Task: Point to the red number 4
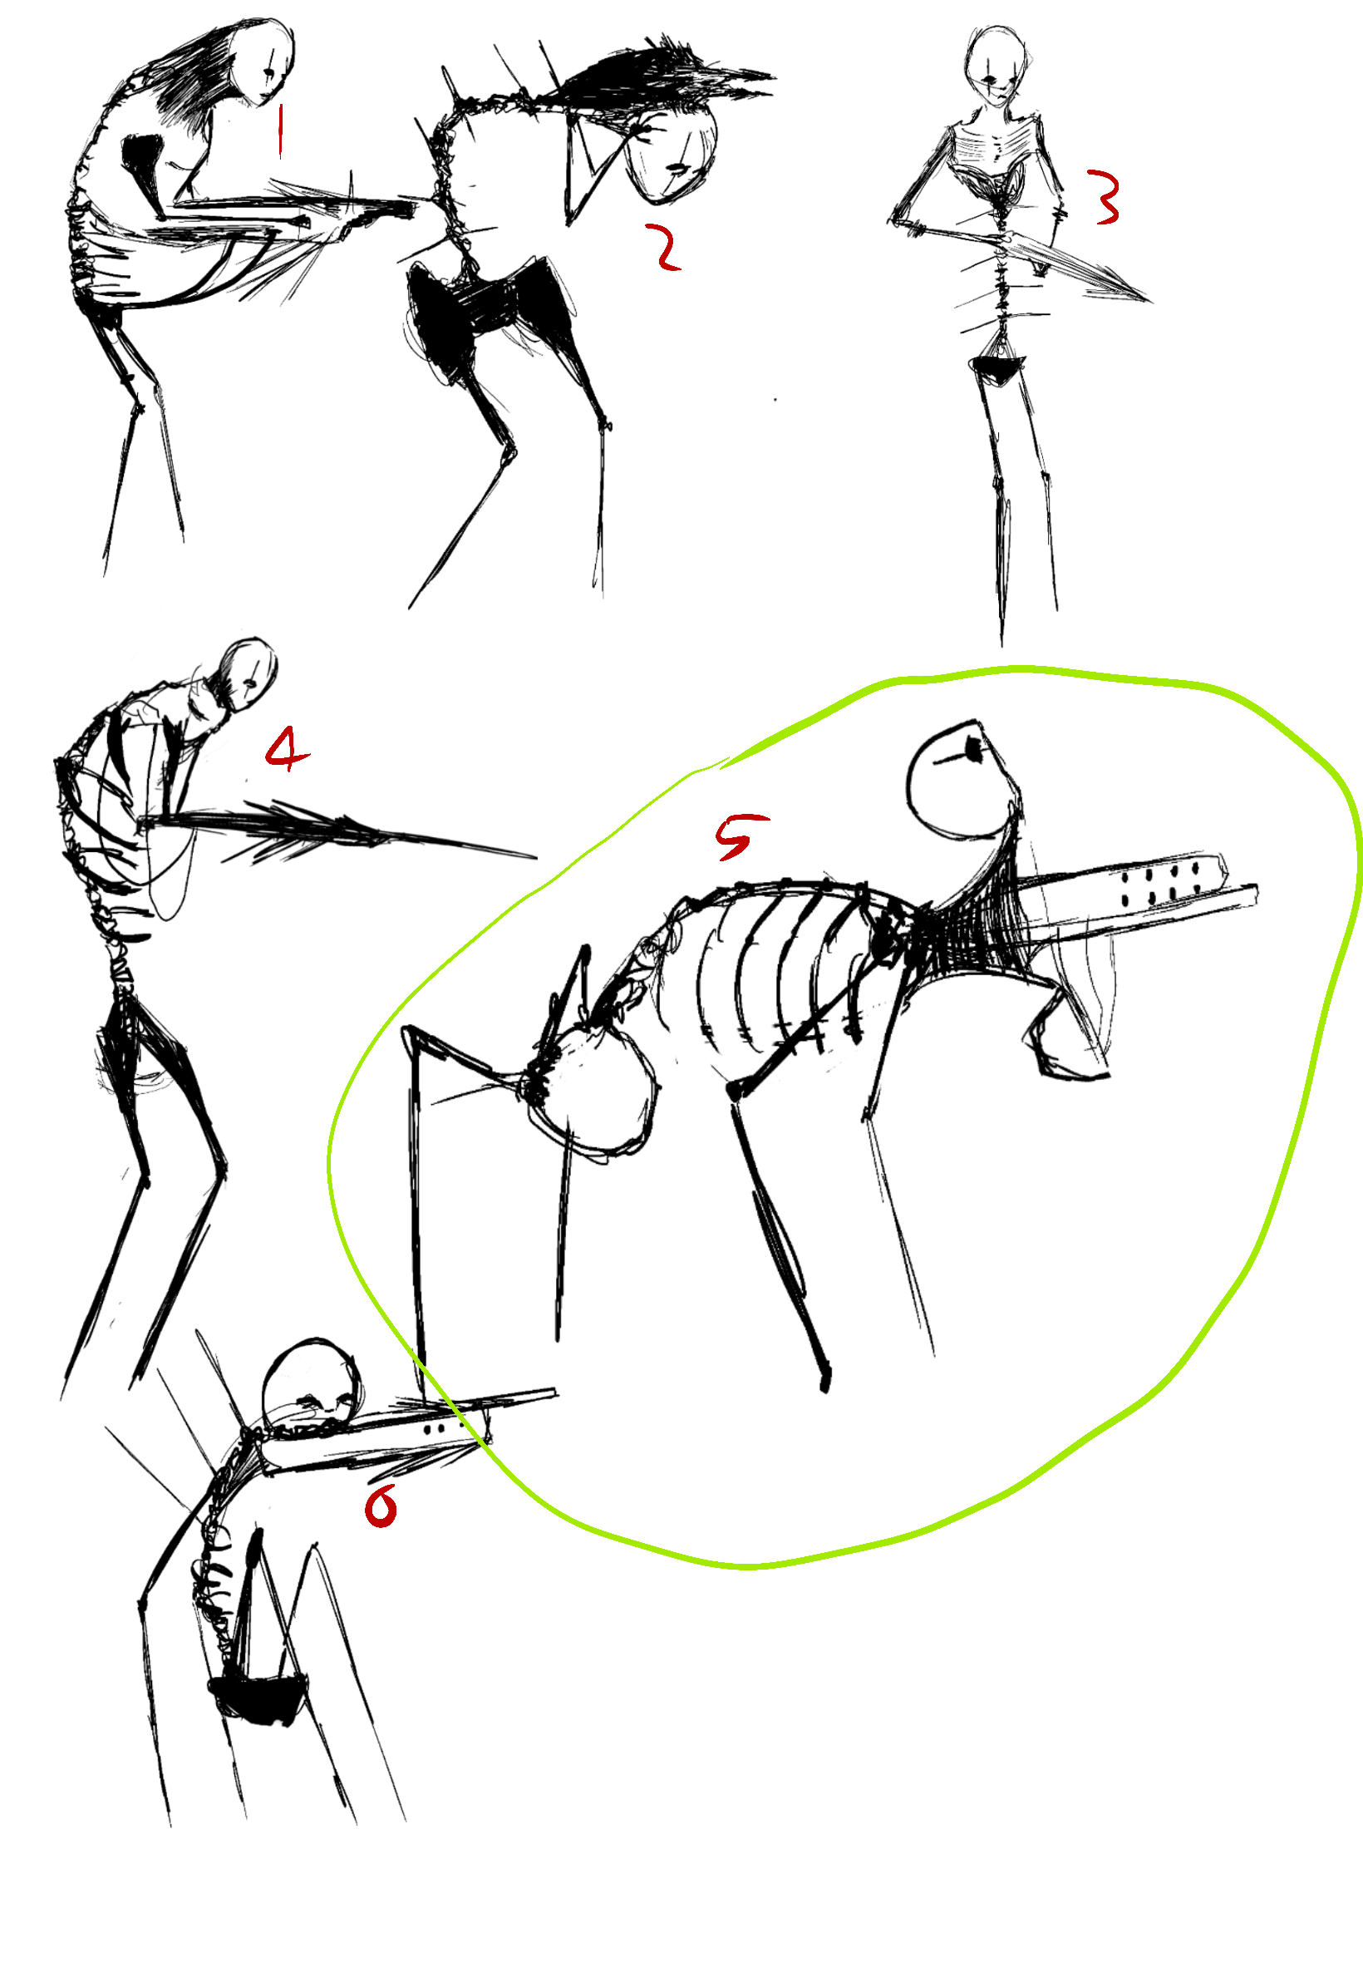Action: pyautogui.click(x=286, y=748)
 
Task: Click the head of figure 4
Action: pyautogui.click(x=248, y=675)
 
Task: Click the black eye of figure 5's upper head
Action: pyautogui.click(x=971, y=748)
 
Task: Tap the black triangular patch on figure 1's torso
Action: pyautogui.click(x=145, y=166)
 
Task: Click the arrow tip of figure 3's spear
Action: pyautogui.click(x=1151, y=301)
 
